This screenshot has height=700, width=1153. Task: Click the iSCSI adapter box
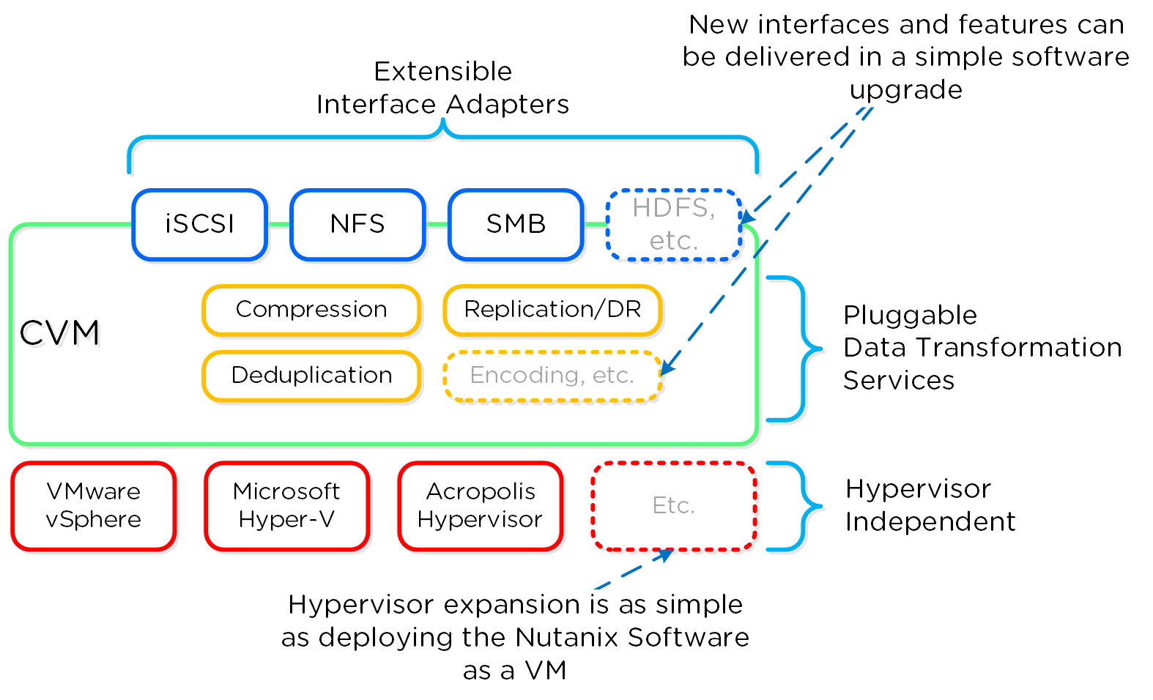click(199, 224)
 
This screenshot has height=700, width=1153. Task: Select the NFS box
click(357, 224)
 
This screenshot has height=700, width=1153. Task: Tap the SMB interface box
click(516, 224)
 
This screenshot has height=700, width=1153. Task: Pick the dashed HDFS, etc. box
click(674, 224)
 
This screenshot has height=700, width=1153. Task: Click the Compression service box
click(311, 310)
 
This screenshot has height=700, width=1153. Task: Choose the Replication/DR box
click(552, 310)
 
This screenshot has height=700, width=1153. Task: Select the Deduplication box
click(311, 376)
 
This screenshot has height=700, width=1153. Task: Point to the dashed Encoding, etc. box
click(552, 376)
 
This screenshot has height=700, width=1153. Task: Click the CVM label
click(59, 334)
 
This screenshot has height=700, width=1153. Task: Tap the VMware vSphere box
click(93, 505)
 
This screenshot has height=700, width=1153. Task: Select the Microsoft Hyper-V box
click(286, 505)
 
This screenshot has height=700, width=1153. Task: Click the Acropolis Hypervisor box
click(480, 505)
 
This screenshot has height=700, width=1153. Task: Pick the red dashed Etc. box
click(673, 505)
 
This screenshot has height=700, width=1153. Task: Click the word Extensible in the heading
click(442, 72)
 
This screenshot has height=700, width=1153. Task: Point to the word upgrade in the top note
click(905, 90)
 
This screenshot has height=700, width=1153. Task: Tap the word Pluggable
click(910, 316)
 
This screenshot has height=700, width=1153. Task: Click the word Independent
click(930, 522)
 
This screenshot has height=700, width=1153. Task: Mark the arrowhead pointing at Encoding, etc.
click(667, 366)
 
